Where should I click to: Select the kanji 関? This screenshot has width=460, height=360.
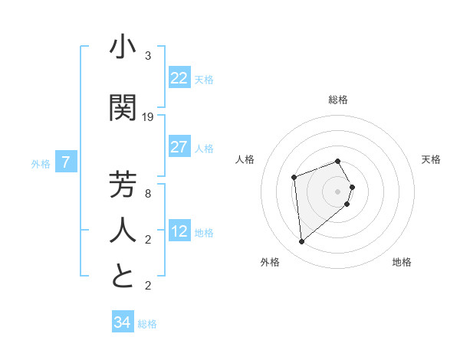(x=123, y=107)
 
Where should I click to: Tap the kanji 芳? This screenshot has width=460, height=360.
(x=123, y=185)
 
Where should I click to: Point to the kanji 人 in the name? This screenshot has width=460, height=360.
(x=123, y=230)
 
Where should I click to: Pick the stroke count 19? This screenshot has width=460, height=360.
(x=148, y=117)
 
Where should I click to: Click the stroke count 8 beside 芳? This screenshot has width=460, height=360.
(x=148, y=195)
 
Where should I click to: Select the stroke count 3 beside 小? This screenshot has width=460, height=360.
(x=148, y=56)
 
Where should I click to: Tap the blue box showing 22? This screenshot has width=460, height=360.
(x=179, y=78)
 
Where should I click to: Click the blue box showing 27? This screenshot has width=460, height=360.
(x=179, y=147)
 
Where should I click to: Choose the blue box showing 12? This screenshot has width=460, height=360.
(x=179, y=231)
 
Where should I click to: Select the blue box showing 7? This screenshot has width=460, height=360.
(x=66, y=162)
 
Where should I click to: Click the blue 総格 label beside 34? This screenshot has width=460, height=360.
(x=147, y=324)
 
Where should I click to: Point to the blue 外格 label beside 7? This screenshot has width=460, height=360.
(x=41, y=163)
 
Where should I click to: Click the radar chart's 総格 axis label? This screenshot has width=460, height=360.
(x=338, y=100)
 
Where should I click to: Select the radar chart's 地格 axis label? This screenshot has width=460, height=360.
(x=402, y=263)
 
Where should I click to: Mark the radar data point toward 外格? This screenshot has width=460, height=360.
(x=301, y=242)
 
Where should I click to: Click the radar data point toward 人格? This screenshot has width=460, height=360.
(x=294, y=178)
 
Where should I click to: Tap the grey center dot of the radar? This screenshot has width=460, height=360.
(x=337, y=191)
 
